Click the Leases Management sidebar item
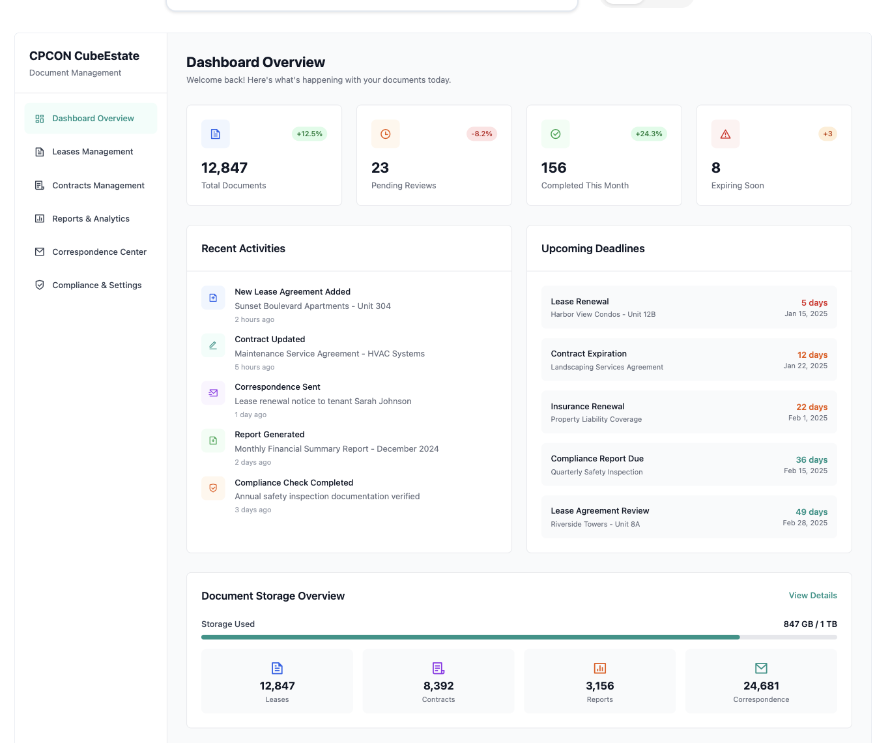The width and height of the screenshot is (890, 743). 92,152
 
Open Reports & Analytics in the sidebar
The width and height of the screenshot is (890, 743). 91,219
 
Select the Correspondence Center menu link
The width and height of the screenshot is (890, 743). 99,252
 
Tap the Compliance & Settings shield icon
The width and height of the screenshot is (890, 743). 40,285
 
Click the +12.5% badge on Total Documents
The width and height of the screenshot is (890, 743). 309,134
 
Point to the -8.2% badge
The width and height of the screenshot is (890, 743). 481,134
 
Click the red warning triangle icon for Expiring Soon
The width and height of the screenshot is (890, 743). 725,134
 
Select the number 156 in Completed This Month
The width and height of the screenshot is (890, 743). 554,168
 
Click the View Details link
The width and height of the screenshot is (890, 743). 812,596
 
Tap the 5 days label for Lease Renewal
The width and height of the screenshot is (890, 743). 814,303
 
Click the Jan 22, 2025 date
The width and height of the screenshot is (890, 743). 805,366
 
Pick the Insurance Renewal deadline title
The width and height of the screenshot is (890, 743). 587,407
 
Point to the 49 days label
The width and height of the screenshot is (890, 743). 811,512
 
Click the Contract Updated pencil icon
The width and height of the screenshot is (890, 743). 213,345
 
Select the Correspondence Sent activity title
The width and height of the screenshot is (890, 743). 278,387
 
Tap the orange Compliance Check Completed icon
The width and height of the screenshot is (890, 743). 213,488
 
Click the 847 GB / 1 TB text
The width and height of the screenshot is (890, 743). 810,624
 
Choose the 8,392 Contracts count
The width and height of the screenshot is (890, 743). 438,686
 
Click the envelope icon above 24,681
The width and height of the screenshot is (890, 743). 761,668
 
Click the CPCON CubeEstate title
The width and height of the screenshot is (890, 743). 84,56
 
